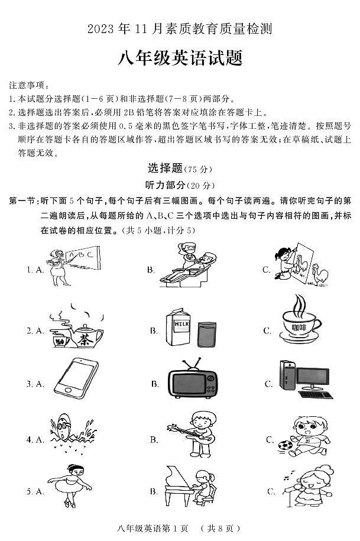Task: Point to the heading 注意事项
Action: point(29,86)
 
